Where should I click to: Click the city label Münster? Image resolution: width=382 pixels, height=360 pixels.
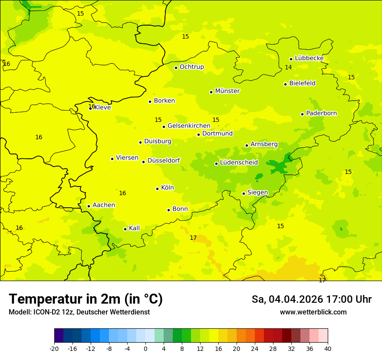click(227, 91)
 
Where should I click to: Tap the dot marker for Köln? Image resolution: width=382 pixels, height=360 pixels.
click(157, 189)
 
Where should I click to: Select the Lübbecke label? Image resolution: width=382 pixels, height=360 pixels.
click(309, 58)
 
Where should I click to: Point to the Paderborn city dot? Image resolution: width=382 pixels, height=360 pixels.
click(302, 114)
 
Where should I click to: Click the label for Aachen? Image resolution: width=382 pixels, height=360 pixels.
click(104, 205)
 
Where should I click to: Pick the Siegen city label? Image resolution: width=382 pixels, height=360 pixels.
click(257, 193)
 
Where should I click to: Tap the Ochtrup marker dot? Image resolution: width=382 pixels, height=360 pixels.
click(176, 68)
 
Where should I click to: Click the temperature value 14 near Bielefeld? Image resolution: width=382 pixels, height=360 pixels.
click(288, 67)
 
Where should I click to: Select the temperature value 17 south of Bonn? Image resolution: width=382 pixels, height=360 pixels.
click(193, 238)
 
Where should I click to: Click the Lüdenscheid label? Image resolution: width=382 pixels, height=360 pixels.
click(239, 163)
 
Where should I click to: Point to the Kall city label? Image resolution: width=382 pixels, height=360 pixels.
click(134, 228)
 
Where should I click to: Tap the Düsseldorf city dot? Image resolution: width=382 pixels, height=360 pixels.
click(143, 162)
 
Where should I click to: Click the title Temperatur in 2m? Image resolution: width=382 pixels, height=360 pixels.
click(86, 299)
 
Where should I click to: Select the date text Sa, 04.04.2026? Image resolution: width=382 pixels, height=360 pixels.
click(286, 299)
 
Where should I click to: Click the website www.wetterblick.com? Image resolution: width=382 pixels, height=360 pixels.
click(313, 312)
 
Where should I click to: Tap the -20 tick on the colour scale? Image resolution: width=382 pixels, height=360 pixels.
click(54, 348)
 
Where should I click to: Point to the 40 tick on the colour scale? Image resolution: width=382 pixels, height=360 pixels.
click(328, 348)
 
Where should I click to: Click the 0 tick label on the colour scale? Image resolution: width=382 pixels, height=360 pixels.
click(145, 348)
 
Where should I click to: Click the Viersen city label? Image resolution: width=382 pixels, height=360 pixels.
click(127, 158)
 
